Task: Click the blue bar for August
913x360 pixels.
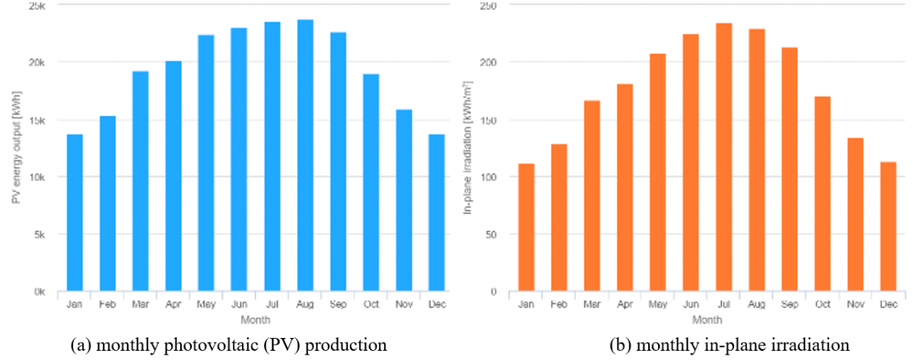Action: coord(305,155)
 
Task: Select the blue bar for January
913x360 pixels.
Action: coord(75,212)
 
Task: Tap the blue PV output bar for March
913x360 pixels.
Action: coord(141,181)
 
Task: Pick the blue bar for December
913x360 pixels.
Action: coord(437,212)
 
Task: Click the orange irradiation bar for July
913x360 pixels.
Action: coord(724,157)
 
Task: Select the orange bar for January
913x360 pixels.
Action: coord(526,227)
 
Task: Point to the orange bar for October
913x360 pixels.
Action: coord(822,193)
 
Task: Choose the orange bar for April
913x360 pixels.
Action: coord(625,187)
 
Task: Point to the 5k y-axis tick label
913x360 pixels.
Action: coord(40,234)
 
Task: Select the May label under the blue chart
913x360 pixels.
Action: coord(206,304)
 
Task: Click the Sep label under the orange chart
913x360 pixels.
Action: coord(790,304)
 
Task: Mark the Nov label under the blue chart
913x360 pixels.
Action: coord(404,304)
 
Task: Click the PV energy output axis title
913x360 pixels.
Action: coord(16,148)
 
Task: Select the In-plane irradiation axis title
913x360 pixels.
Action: coord(467,148)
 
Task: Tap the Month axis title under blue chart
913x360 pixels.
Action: coord(256,320)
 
